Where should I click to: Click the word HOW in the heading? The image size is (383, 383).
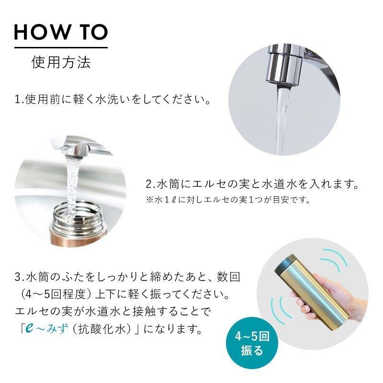[x=42, y=32]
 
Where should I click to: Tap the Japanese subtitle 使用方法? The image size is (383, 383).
[x=61, y=62]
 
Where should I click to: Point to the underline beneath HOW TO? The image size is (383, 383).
[x=61, y=47]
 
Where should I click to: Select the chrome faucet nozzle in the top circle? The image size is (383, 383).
[x=284, y=66]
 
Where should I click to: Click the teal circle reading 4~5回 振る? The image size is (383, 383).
[x=252, y=343]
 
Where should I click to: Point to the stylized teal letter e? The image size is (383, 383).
[x=30, y=329]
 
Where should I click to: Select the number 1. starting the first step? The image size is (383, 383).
[x=19, y=100]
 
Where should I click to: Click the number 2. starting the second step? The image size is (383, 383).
[x=150, y=184]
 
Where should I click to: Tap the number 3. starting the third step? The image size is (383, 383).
[x=19, y=278]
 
